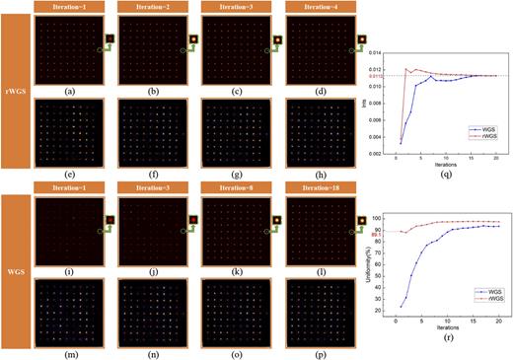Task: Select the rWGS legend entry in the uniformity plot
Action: click(x=472, y=296)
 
